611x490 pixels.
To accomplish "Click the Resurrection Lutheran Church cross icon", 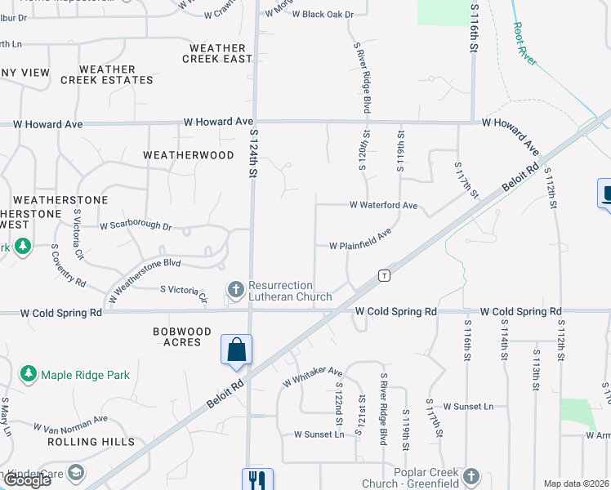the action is pos(236,290).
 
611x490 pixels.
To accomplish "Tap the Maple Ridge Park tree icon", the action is pos(29,374).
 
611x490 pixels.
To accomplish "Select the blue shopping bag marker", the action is pos(236,350).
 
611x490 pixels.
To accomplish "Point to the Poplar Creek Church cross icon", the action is pos(471,476).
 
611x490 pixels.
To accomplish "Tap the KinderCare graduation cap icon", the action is pos(76,473).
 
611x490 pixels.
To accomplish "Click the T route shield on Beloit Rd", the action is pos(383,275).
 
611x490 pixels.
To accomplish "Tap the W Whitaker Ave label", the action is pos(312,376).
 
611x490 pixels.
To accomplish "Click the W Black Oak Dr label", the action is pos(323,15).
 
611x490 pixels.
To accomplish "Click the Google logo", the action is pos(27,480).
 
